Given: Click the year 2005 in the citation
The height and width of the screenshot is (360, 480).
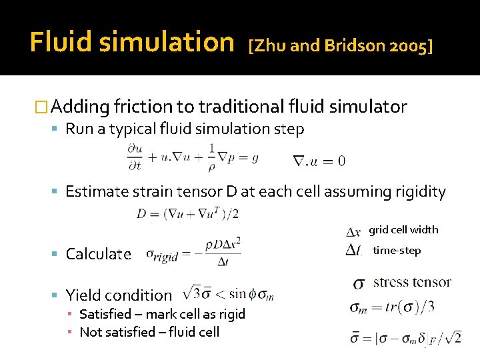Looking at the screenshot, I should click(408, 46).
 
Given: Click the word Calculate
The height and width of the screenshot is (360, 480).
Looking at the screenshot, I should click(99, 254).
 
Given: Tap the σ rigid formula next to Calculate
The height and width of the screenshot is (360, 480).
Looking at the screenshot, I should click(193, 255).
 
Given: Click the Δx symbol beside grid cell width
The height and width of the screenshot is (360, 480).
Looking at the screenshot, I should click(355, 232).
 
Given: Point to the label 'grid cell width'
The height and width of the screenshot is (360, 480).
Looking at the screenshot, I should click(403, 230).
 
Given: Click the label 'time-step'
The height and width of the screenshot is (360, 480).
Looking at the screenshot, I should click(397, 250).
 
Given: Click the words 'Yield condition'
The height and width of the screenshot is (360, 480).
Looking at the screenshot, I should click(119, 295).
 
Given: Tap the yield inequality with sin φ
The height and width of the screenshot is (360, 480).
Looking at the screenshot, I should click(227, 294).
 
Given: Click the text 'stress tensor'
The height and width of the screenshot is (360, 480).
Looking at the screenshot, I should click(412, 282).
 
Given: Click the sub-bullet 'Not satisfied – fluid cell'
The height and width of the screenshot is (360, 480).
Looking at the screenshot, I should click(149, 331).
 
